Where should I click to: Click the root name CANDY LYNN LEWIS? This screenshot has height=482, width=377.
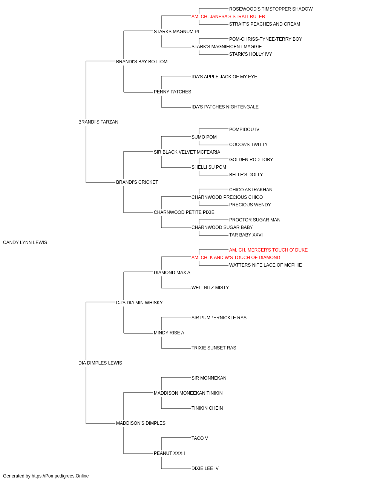[25, 243]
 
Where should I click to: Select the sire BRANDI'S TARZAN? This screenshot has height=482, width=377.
[98, 122]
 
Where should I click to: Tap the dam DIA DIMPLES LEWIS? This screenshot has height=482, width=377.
[100, 363]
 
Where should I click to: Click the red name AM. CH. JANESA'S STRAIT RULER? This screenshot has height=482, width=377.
[228, 17]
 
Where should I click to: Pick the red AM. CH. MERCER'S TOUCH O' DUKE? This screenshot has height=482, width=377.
[268, 250]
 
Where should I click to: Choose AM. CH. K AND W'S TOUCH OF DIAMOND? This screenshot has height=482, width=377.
[236, 258]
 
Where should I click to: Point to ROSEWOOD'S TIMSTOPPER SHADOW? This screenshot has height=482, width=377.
[271, 9]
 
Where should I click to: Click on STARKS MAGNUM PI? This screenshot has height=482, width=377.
[176, 32]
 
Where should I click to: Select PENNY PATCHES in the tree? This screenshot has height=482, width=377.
[172, 92]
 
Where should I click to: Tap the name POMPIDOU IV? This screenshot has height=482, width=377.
[244, 130]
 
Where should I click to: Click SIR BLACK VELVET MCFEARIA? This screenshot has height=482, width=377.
[187, 152]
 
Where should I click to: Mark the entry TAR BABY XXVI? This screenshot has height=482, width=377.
[246, 235]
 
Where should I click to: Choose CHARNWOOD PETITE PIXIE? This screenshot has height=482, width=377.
[184, 212]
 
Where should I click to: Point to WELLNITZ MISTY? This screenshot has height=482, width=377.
[210, 288]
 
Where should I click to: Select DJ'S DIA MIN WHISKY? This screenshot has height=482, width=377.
[139, 303]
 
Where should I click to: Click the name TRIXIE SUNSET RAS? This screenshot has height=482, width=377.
[214, 348]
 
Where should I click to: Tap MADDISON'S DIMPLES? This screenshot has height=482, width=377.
[141, 423]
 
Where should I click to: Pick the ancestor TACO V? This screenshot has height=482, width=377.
[199, 438]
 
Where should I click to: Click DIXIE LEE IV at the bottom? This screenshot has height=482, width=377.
[205, 468]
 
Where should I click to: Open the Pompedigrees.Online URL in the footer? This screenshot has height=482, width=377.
[60, 476]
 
